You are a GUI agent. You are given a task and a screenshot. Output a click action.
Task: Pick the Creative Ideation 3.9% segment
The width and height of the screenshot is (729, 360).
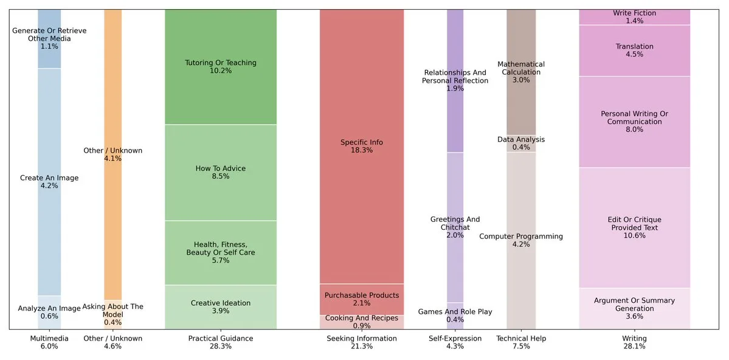[220, 307]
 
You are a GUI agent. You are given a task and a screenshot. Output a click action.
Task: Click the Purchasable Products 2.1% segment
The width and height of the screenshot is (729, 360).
[361, 299]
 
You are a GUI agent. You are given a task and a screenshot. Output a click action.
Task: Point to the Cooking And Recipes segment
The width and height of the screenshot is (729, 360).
[361, 322]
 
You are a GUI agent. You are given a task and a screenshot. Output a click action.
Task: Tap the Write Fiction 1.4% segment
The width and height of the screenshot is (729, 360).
[634, 17]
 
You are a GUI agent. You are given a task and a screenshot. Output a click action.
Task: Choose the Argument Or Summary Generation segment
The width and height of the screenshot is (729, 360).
[634, 308]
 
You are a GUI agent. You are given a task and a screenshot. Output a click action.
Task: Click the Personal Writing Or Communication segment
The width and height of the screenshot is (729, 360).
[634, 122]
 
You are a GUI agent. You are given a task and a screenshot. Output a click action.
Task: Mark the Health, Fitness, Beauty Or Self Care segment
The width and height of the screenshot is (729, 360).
[220, 252]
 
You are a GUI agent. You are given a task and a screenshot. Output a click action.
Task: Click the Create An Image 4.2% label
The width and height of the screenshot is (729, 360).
[49, 182]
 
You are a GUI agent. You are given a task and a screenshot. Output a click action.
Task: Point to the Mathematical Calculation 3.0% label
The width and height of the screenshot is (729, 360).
[521, 72]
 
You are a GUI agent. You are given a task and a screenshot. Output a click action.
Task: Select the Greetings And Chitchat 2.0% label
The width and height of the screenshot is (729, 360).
[455, 227]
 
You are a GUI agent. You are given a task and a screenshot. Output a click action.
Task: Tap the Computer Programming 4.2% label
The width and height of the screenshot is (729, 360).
[521, 240]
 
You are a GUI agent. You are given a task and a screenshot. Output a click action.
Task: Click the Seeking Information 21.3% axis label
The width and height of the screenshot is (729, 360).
[361, 342]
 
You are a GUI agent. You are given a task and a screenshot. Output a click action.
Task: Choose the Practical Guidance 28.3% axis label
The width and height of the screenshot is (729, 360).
[220, 342]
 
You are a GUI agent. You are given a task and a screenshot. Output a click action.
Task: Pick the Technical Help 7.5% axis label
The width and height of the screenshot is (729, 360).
[521, 342]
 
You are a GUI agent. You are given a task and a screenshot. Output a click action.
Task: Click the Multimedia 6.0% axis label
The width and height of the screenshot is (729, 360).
[49, 342]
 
